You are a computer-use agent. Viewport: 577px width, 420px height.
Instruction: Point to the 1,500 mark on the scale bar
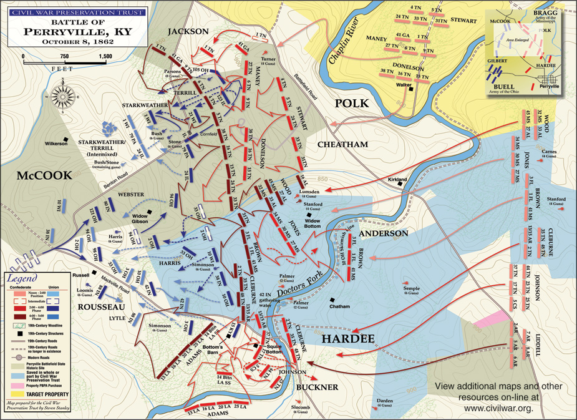click(105, 56)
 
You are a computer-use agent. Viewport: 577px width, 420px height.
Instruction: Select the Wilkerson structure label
click(56, 144)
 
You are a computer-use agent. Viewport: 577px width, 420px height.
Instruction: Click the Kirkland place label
click(397, 180)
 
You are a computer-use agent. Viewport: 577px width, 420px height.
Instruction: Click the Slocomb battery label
click(301, 409)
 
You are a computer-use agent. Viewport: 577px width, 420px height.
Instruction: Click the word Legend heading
click(22, 278)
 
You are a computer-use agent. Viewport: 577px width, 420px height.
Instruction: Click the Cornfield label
click(211, 134)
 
